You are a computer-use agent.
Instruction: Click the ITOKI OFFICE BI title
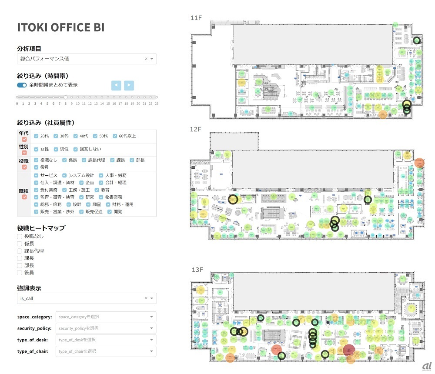coord(60,27)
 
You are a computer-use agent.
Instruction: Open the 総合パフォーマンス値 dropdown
coord(87,59)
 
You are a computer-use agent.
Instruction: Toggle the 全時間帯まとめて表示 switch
coord(22,85)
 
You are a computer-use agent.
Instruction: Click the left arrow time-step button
coord(116,85)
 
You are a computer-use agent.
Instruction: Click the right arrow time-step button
coord(129,85)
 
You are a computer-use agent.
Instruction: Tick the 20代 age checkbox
coord(37,136)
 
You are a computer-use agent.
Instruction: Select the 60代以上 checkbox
coord(115,136)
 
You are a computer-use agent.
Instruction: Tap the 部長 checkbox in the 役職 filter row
coord(132,160)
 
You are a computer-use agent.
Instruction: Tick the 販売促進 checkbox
coord(81,212)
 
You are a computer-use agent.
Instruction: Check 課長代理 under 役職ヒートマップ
coord(19,251)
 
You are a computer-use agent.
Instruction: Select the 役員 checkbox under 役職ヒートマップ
coord(19,273)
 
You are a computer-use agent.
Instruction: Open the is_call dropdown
coord(87,298)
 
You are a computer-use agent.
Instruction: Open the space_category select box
coord(106,317)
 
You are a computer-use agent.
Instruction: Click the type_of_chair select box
coord(106,351)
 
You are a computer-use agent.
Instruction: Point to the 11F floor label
coord(196,18)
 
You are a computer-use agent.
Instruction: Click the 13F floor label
coord(197,270)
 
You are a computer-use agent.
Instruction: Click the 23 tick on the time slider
coord(156,104)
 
